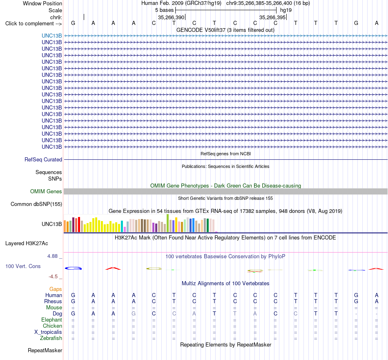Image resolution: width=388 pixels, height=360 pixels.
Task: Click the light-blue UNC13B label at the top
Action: [52, 36]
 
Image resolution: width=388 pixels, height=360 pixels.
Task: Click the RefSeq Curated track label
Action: [43, 159]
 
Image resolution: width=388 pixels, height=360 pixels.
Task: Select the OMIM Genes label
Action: [46, 191]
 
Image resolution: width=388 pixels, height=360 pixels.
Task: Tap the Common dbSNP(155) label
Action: [36, 204]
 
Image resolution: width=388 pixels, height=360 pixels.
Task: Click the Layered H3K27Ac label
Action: [27, 244]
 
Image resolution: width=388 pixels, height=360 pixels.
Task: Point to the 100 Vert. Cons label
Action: [23, 266]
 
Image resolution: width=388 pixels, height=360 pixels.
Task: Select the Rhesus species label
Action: [53, 301]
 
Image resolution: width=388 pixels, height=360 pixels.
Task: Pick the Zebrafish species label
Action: [51, 338]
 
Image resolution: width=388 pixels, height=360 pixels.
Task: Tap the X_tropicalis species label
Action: [48, 332]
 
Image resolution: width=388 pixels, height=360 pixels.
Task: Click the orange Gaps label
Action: [56, 289]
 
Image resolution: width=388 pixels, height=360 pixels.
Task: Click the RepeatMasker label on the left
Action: [45, 350]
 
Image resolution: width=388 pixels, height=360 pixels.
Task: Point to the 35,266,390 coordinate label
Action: [171, 17]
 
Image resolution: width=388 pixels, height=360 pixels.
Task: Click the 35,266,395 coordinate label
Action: [272, 17]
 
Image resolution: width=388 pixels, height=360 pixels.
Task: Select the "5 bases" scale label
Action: [165, 10]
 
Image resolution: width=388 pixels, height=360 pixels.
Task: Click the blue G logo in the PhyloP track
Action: [73, 268]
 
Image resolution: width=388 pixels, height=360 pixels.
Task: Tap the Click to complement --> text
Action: [33, 24]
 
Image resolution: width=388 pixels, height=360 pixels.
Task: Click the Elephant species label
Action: [52, 320]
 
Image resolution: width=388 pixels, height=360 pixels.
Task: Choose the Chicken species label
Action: [52, 326]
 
